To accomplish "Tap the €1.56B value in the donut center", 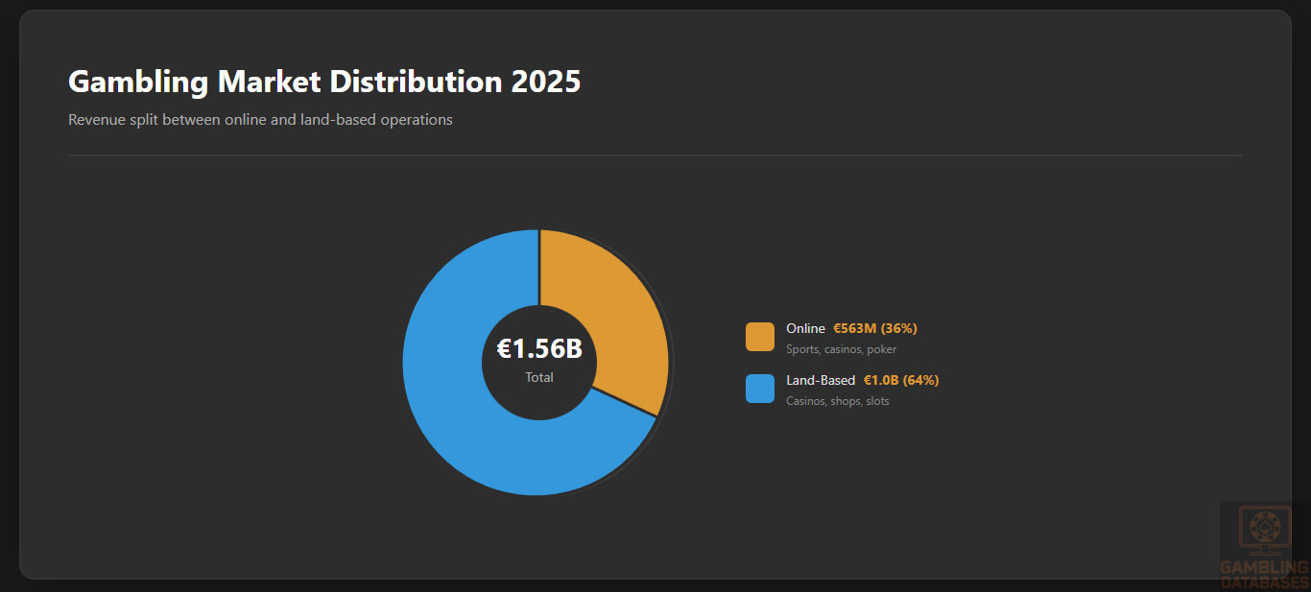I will click(x=539, y=349).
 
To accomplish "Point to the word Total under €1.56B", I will click(x=539, y=378).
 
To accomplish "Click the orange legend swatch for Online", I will click(x=760, y=337).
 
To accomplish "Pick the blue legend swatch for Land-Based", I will click(x=760, y=389).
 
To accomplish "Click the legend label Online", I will click(x=805, y=329).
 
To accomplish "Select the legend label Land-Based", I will click(x=821, y=381).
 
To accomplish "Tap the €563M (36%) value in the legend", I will click(x=875, y=329).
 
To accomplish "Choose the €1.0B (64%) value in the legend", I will click(x=901, y=381).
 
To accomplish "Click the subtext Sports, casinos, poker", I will click(x=841, y=349).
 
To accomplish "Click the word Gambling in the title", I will click(x=138, y=83).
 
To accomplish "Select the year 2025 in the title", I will click(x=546, y=83).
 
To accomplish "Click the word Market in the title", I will click(x=270, y=83).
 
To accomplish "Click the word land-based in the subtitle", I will click(x=335, y=120).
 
